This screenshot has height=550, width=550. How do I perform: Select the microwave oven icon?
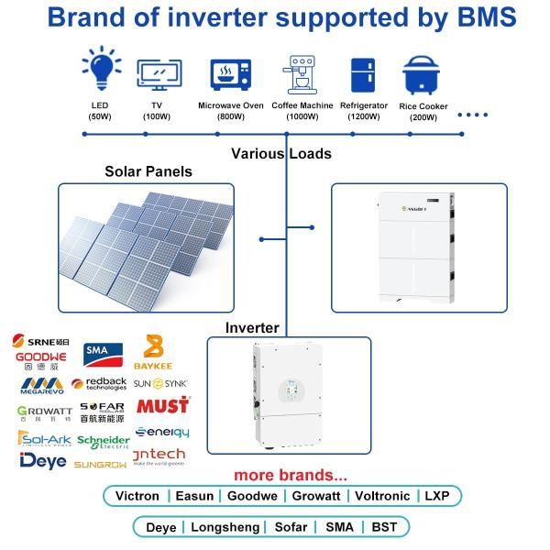(230, 72)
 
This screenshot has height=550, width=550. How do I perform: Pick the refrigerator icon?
(362, 73)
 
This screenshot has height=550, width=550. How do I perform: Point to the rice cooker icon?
(423, 75)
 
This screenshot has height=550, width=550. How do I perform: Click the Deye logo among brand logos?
(42, 460)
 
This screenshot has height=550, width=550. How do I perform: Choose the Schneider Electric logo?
(104, 442)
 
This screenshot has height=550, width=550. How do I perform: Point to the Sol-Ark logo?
(42, 438)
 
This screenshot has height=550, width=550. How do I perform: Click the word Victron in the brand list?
(137, 496)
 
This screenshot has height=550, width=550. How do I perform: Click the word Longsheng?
(224, 527)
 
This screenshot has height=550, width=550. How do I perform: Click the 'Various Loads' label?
(280, 153)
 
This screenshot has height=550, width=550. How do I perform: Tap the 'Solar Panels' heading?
(148, 171)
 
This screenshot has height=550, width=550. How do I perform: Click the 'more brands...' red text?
(290, 475)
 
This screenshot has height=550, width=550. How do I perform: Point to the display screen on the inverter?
(289, 392)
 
